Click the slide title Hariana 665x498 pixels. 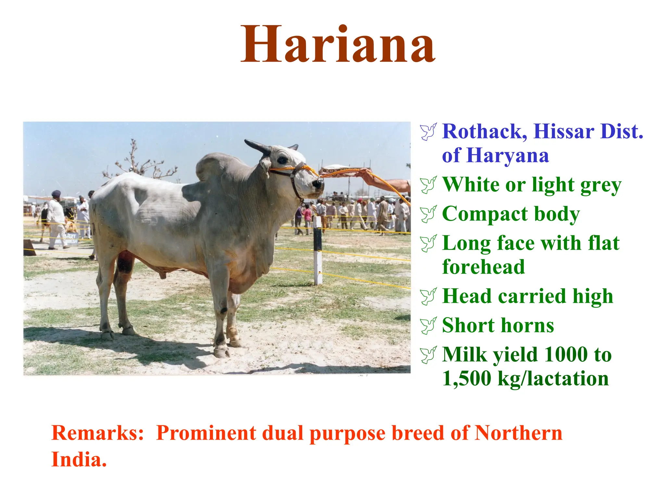338,45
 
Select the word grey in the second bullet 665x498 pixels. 601,185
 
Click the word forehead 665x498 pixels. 483,267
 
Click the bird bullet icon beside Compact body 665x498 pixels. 428,214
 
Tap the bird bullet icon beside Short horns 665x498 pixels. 428,326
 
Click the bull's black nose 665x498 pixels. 318,184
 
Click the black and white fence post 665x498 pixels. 318,250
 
